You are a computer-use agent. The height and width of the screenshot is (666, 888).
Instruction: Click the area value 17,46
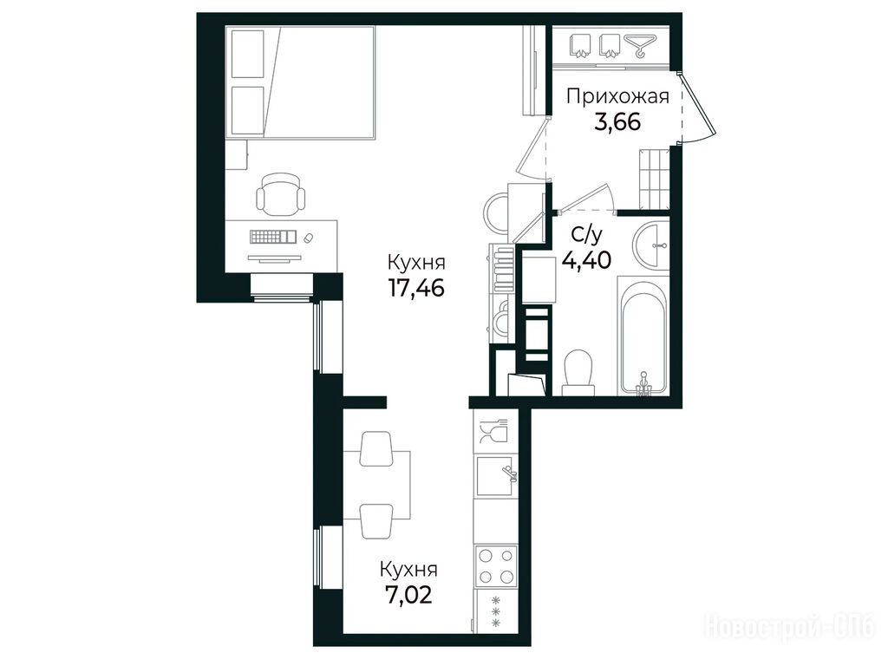click(x=416, y=289)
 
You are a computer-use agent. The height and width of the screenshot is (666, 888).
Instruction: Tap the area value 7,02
click(x=408, y=595)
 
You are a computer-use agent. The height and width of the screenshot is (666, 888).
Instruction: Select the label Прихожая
click(x=617, y=97)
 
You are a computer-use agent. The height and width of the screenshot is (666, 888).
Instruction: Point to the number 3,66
click(x=617, y=121)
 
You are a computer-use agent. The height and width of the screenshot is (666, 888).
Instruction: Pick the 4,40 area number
click(x=587, y=260)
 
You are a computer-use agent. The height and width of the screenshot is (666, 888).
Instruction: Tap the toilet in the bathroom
click(x=578, y=371)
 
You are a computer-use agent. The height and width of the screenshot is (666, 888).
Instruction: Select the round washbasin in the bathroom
click(x=651, y=245)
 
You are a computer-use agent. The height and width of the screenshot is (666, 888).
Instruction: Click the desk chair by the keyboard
click(x=280, y=194)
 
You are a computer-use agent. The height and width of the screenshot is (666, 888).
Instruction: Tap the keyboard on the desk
click(x=273, y=236)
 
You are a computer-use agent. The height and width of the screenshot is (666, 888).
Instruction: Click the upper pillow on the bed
click(x=248, y=54)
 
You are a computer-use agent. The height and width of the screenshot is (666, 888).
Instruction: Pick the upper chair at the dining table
click(x=375, y=448)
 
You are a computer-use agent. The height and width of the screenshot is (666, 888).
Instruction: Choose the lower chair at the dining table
click(x=376, y=521)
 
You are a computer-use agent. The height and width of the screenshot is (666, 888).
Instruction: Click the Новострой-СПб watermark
click(x=789, y=628)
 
